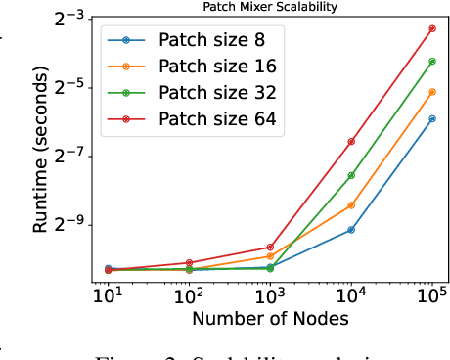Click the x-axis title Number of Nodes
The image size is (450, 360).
tap(271, 318)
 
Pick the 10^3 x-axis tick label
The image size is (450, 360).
tap(270, 294)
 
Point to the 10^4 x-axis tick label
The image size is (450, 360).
tap(351, 294)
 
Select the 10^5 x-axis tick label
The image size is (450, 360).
tap(432, 294)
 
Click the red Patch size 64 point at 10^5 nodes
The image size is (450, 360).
tap(432, 28)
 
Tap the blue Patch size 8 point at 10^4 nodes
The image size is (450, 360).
tap(351, 230)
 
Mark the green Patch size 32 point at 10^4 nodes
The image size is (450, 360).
tap(351, 175)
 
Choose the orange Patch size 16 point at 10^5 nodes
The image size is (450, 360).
tap(432, 91)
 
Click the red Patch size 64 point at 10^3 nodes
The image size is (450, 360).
tap(270, 247)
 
